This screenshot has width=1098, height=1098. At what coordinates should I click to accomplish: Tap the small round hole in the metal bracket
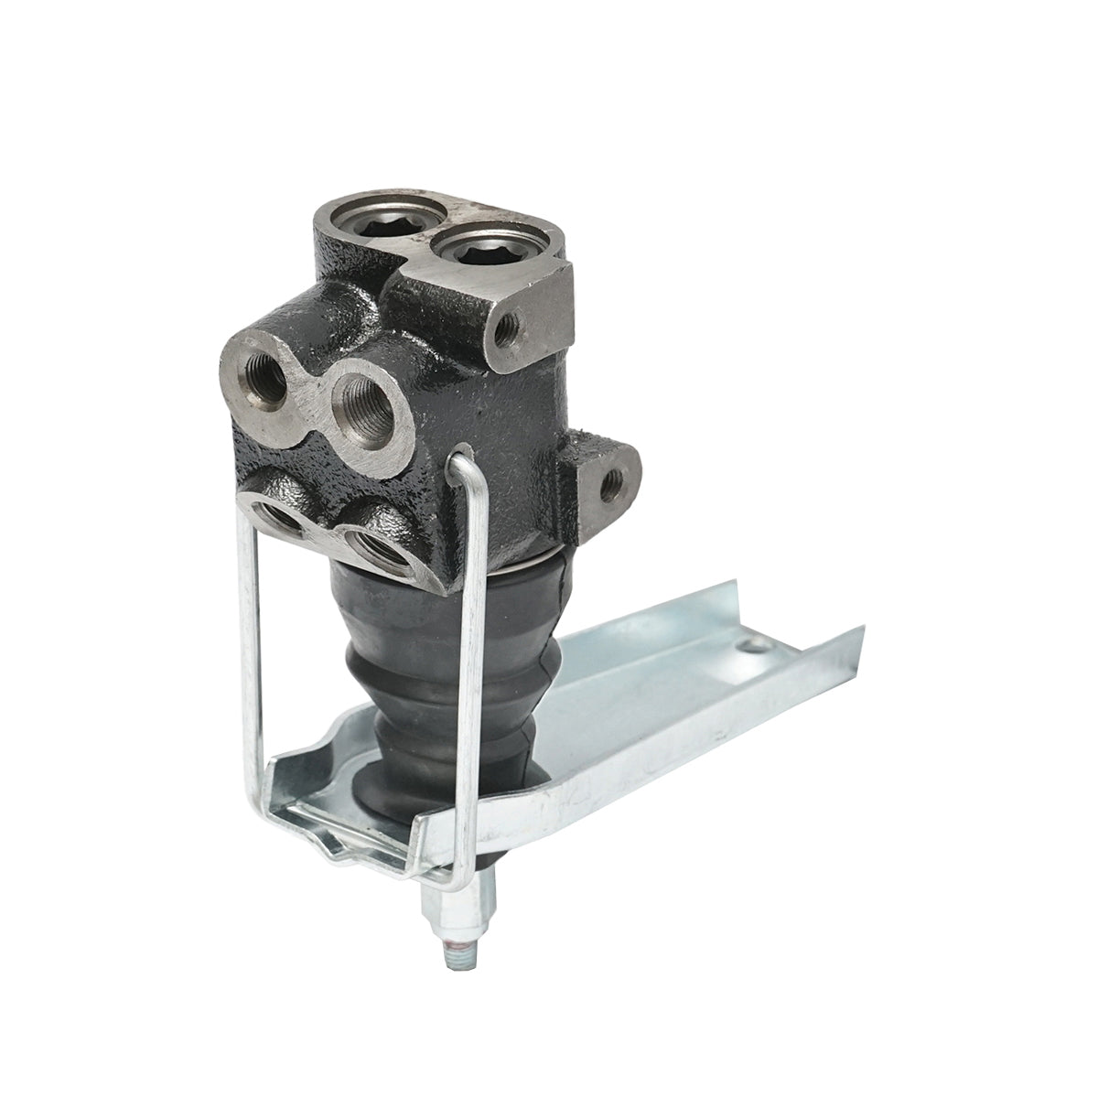753,649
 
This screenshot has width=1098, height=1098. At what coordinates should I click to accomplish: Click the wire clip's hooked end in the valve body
461,454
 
